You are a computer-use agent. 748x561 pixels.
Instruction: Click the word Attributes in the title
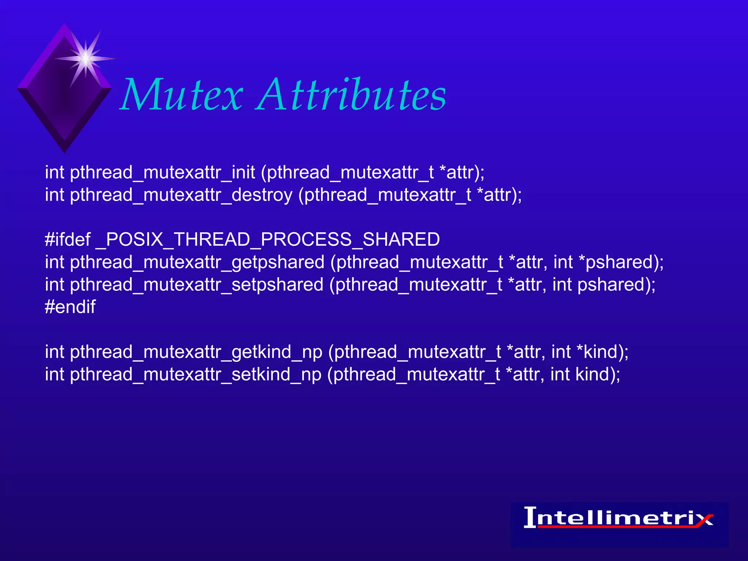[x=351, y=95]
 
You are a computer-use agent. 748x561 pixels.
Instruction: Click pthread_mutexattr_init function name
[x=162, y=173]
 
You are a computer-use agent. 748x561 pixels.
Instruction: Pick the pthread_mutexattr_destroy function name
[x=181, y=195]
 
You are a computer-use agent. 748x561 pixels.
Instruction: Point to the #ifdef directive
[x=68, y=240]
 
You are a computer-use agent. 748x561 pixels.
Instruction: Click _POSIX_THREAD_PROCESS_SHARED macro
[x=267, y=240]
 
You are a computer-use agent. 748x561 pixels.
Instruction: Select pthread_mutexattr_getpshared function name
[x=197, y=263]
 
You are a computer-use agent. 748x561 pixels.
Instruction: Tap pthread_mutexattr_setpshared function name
[x=196, y=285]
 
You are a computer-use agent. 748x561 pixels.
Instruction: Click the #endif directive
[x=70, y=307]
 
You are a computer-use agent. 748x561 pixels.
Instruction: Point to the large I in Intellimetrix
[x=530, y=517]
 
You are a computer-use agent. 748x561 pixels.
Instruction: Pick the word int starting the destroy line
[x=54, y=195]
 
